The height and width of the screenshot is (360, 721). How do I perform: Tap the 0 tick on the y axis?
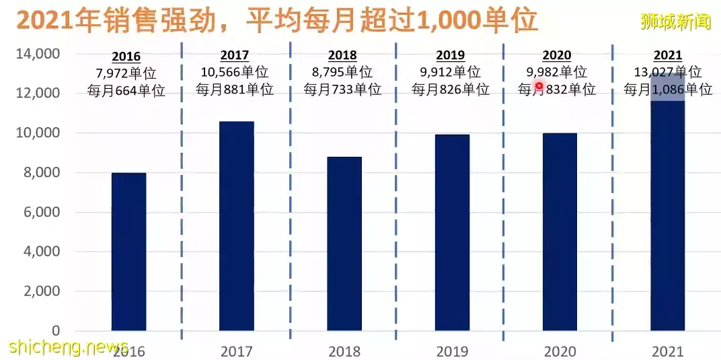pyautogui.click(x=56, y=330)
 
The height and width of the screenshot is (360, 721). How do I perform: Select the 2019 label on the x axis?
pyautogui.click(x=452, y=351)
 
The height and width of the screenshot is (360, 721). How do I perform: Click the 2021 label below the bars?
pyautogui.click(x=667, y=351)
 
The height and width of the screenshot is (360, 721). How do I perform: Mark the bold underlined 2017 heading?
pyautogui.click(x=235, y=56)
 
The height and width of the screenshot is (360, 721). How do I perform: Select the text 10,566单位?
pyautogui.click(x=235, y=73)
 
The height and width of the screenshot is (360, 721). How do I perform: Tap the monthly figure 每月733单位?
pyautogui.click(x=342, y=89)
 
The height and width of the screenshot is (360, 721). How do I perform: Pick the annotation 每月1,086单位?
pyautogui.click(x=667, y=89)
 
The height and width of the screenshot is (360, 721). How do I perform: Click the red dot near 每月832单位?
pyautogui.click(x=539, y=86)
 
